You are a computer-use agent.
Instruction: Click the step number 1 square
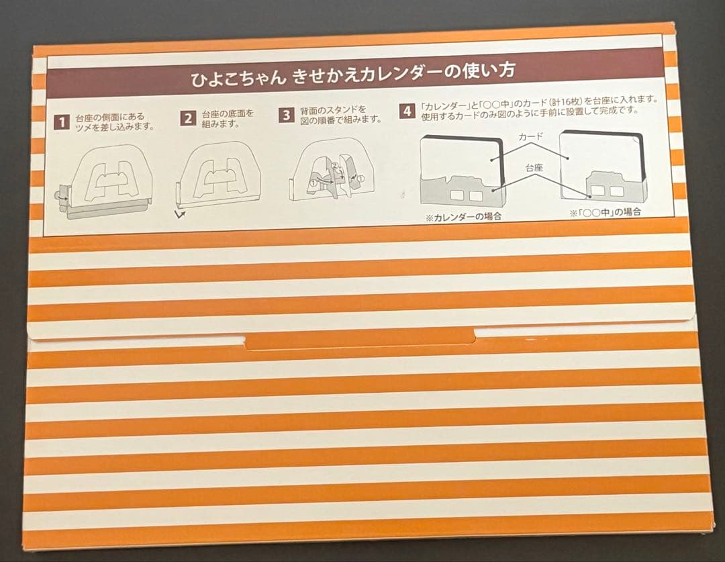[x=62, y=122]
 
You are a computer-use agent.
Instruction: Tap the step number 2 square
[x=189, y=119]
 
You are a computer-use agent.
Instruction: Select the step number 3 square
[x=287, y=115]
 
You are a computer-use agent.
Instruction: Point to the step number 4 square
[x=407, y=111]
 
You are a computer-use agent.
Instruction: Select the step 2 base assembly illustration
[x=221, y=175]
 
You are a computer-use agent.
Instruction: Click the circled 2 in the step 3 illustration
[x=334, y=166]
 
